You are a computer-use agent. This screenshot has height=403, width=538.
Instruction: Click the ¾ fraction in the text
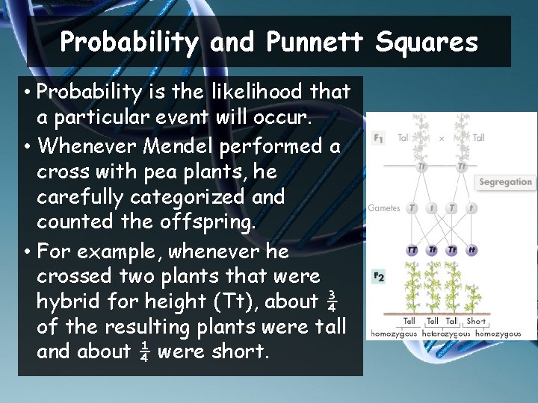(x=333, y=302)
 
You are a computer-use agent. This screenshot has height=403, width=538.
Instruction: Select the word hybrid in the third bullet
(x=72, y=302)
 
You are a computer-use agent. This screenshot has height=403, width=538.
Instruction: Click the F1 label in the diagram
(x=378, y=138)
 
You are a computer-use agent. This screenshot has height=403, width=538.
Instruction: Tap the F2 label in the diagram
(x=378, y=276)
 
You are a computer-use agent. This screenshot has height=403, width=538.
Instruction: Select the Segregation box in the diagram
(x=505, y=182)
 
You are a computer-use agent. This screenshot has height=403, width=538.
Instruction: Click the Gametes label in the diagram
(x=383, y=208)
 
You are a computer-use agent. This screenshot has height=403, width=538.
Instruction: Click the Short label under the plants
(x=476, y=321)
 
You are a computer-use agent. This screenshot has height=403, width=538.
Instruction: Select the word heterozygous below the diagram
(x=446, y=334)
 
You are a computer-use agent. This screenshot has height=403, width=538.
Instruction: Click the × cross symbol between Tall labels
(x=440, y=138)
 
